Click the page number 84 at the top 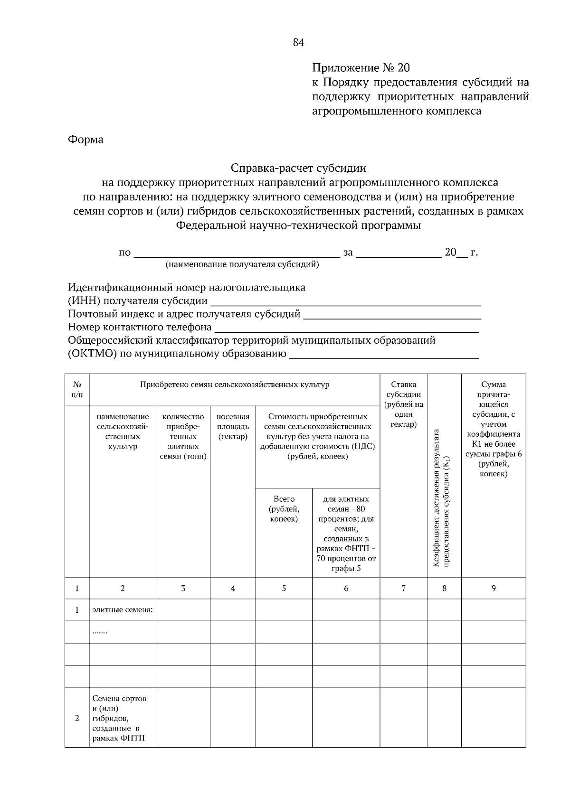click(x=298, y=43)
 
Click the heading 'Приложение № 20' click(x=360, y=67)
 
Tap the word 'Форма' click(x=85, y=140)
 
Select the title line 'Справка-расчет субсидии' click(x=298, y=168)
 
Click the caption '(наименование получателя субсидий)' click(x=242, y=264)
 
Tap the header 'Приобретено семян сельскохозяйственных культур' click(x=234, y=384)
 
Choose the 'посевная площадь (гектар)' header click(x=233, y=426)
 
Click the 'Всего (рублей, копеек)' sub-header click(x=284, y=509)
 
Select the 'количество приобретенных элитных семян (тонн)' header click(x=183, y=436)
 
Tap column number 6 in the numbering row click(x=346, y=588)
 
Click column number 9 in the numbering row click(x=494, y=588)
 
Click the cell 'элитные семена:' click(x=123, y=610)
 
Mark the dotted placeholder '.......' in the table click(x=100, y=632)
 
